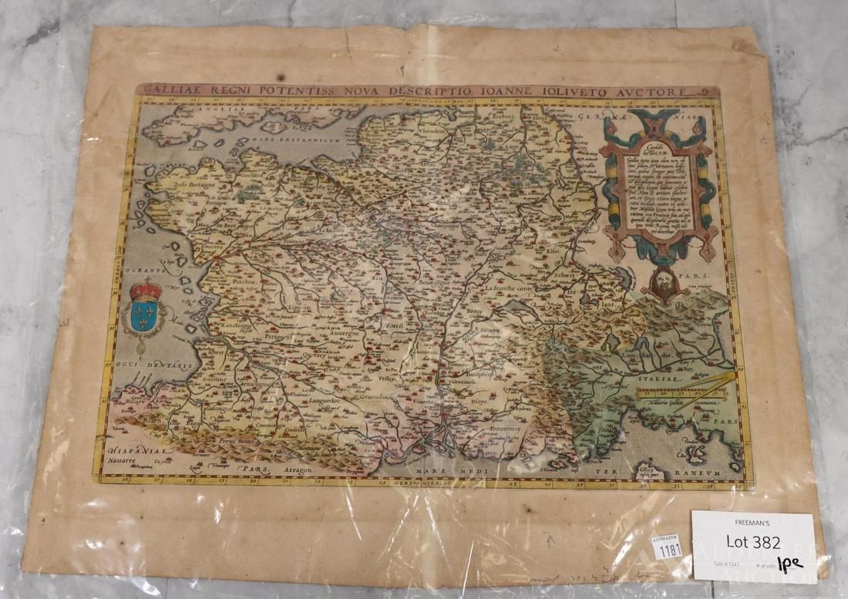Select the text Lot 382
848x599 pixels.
point(752,543)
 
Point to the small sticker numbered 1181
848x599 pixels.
point(665,548)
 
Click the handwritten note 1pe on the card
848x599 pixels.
point(790,564)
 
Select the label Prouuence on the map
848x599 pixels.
point(502,429)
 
